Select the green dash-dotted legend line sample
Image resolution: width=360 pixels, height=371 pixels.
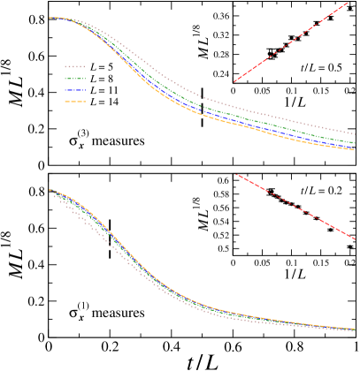click(74, 79)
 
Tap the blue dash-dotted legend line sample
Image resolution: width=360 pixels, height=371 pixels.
click(74, 90)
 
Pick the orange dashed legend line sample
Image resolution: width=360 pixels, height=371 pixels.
click(74, 102)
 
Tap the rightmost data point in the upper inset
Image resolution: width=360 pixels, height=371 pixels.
click(349, 8)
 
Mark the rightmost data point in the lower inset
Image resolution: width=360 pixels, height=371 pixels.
click(349, 246)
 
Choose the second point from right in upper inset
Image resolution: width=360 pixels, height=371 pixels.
click(331, 18)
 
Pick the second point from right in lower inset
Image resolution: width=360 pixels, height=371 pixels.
click(331, 230)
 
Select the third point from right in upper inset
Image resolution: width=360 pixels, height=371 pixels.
click(317, 24)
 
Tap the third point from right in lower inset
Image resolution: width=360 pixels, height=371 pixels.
click(317, 218)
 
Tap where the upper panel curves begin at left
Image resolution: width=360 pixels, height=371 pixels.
click(51, 18)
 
